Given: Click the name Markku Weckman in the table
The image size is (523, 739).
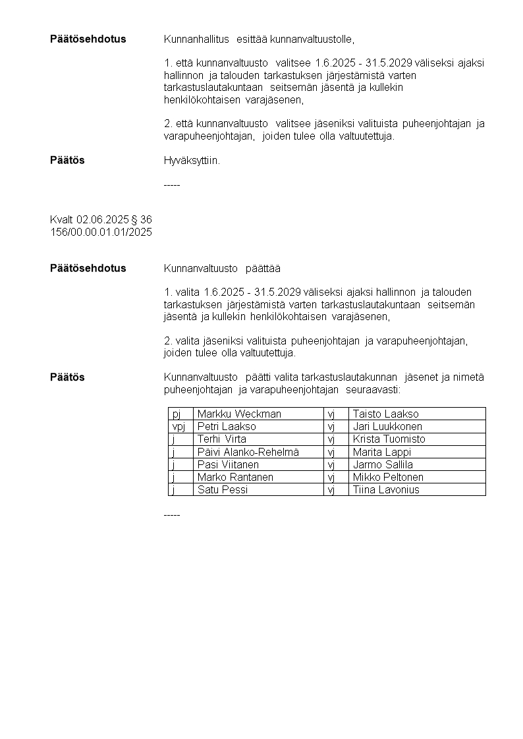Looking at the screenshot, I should [239, 414].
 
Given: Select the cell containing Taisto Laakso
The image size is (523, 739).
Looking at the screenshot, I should [385, 414].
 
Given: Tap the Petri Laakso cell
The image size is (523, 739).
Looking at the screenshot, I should [227, 426].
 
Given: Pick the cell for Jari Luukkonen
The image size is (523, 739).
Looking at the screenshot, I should [387, 426].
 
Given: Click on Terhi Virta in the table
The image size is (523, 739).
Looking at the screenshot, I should [222, 439].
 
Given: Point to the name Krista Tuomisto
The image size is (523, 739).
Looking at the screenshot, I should [389, 439].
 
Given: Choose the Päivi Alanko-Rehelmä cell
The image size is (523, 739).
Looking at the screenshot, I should [248, 452].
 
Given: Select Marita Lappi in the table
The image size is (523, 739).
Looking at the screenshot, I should [381, 452].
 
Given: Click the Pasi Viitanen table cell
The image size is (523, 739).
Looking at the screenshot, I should [228, 464].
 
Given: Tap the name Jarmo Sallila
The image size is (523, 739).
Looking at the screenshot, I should [383, 464].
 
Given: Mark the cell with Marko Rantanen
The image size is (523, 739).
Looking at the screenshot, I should [235, 477].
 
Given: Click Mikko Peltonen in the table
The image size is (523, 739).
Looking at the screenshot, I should [388, 477].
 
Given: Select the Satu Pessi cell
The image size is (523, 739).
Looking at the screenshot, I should [223, 489].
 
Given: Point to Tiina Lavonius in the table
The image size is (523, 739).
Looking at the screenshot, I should [385, 489].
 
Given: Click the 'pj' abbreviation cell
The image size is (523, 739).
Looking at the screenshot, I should [177, 414].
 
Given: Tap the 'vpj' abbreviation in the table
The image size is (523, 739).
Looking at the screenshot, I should [179, 426].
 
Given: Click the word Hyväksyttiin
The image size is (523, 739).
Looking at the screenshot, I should [192, 160].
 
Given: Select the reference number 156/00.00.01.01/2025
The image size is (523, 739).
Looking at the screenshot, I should [101, 232].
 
